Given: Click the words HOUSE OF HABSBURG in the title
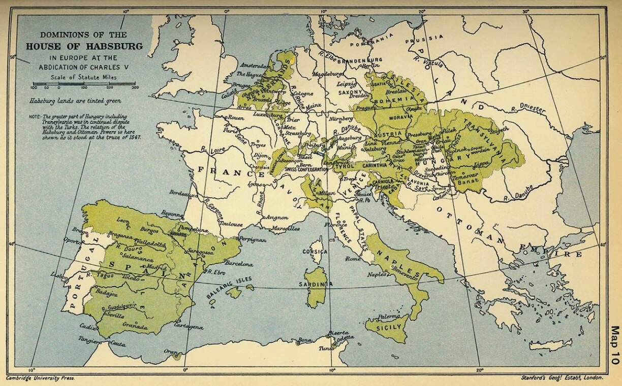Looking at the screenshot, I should (x=84, y=46).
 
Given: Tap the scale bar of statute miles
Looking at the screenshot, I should (x=84, y=84).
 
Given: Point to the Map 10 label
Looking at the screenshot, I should (x=615, y=345).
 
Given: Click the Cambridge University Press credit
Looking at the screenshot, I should (x=40, y=378).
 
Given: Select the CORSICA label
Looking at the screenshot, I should (x=315, y=251).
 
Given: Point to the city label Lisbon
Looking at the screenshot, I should (x=60, y=274).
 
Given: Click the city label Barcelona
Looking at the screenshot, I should (x=238, y=264).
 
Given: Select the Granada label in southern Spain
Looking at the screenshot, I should (x=135, y=327).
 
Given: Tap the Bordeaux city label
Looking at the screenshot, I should (x=183, y=193).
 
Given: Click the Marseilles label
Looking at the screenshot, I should (x=285, y=229).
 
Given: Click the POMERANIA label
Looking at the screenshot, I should (x=375, y=37).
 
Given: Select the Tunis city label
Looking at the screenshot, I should (x=325, y=348).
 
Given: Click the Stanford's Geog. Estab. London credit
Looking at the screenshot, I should (x=563, y=378).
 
